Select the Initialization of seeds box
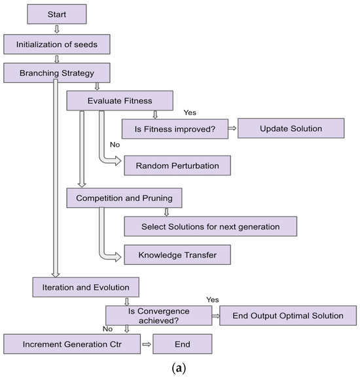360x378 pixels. [x=57, y=44]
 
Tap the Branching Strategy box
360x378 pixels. [x=57, y=72]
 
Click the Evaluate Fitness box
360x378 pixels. [x=119, y=100]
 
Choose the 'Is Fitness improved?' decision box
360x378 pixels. [x=171, y=128]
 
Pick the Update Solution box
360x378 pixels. [x=291, y=128]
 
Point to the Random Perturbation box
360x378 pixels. [x=177, y=165]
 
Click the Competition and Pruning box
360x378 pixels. [x=124, y=197]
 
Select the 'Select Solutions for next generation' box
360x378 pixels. [x=210, y=226]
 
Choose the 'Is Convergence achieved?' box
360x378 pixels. [x=156, y=315]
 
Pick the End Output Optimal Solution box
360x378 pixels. [x=289, y=315]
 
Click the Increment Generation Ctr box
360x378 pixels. [x=71, y=343]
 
